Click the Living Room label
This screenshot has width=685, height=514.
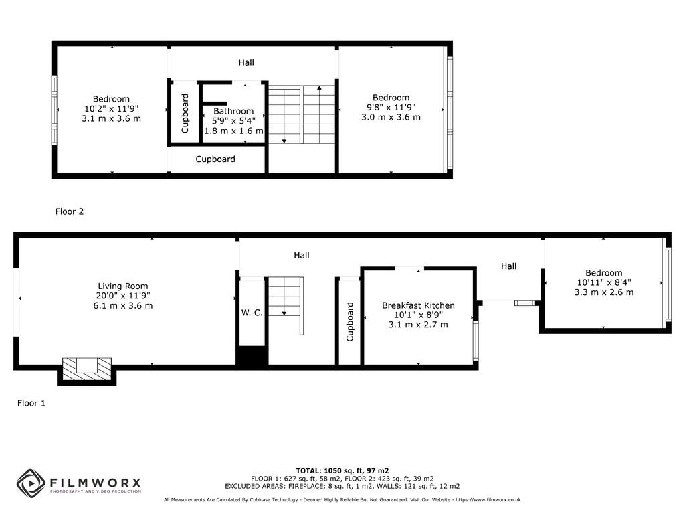click(x=123, y=286)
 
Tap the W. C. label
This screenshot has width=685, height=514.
click(x=252, y=313)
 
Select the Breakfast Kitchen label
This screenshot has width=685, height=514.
click(x=418, y=305)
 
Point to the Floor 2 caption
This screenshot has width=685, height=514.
click(x=70, y=211)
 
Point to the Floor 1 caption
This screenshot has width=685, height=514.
click(x=31, y=403)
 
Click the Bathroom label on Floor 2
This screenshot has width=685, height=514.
click(x=233, y=111)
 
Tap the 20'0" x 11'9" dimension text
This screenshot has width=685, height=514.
click(x=123, y=296)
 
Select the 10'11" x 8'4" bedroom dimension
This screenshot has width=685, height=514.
click(x=603, y=282)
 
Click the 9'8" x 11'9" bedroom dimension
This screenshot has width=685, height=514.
click(x=391, y=107)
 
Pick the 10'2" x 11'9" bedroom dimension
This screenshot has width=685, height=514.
click(x=111, y=108)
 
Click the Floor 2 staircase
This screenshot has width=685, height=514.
click(x=302, y=114)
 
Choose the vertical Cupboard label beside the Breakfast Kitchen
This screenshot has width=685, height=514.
click(x=350, y=322)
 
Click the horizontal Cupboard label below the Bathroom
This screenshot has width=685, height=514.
click(x=215, y=159)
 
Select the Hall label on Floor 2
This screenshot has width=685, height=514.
click(x=246, y=62)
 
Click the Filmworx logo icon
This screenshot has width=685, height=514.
click(x=31, y=483)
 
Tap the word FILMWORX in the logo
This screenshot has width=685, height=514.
click(x=94, y=482)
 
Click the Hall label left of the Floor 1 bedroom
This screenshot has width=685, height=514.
click(x=508, y=266)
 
